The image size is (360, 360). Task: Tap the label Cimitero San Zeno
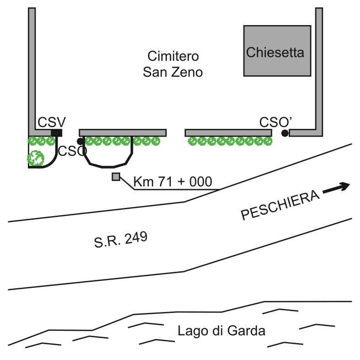click(x=173, y=64)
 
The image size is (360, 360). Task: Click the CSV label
click(x=52, y=122)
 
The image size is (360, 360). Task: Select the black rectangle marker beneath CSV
click(x=57, y=132)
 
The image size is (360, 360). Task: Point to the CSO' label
click(x=276, y=122)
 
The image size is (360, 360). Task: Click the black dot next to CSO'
click(x=285, y=133)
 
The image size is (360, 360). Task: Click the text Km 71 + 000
click(x=173, y=182)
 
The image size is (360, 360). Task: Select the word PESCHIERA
click(x=279, y=206)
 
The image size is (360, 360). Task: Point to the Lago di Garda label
click(x=222, y=330)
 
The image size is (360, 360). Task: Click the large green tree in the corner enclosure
click(x=36, y=158)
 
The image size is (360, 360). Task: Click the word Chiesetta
click(x=275, y=53)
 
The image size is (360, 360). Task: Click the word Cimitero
click(x=173, y=57)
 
